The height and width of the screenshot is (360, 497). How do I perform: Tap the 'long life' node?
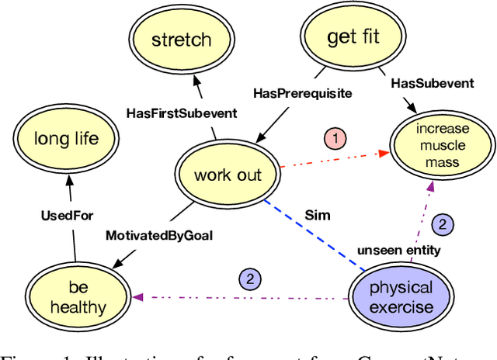coord(67,140)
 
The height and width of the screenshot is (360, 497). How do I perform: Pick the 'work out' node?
coord(228,175)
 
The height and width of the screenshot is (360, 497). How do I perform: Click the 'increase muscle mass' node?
coord(442,144)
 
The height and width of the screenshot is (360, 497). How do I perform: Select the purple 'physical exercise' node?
coord(401,297)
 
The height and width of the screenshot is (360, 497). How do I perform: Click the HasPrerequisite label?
coord(303,92)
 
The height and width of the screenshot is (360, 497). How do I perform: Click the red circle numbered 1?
coord(334,140)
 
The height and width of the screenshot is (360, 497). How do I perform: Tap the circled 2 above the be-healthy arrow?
coord(250,279)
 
